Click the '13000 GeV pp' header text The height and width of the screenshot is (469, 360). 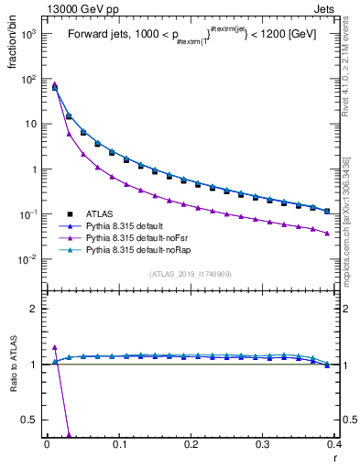pos(74,8)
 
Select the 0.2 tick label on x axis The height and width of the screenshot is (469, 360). pos(191,443)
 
